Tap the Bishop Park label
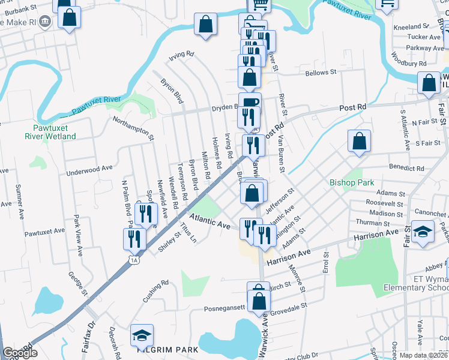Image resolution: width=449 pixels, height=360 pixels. click(x=352, y=182)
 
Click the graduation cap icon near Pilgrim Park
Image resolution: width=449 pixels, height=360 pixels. click(x=142, y=335)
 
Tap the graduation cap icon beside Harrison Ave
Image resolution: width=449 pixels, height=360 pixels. click(x=424, y=233)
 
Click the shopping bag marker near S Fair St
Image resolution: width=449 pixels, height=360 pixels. click(x=359, y=142)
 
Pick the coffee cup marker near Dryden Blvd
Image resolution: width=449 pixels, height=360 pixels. click(x=250, y=103)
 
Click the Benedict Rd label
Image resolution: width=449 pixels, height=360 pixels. click(x=406, y=169)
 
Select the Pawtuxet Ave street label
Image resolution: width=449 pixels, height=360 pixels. click(x=44, y=230)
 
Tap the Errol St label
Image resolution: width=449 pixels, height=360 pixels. click(x=326, y=262)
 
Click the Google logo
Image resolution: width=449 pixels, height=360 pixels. click(x=20, y=353)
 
